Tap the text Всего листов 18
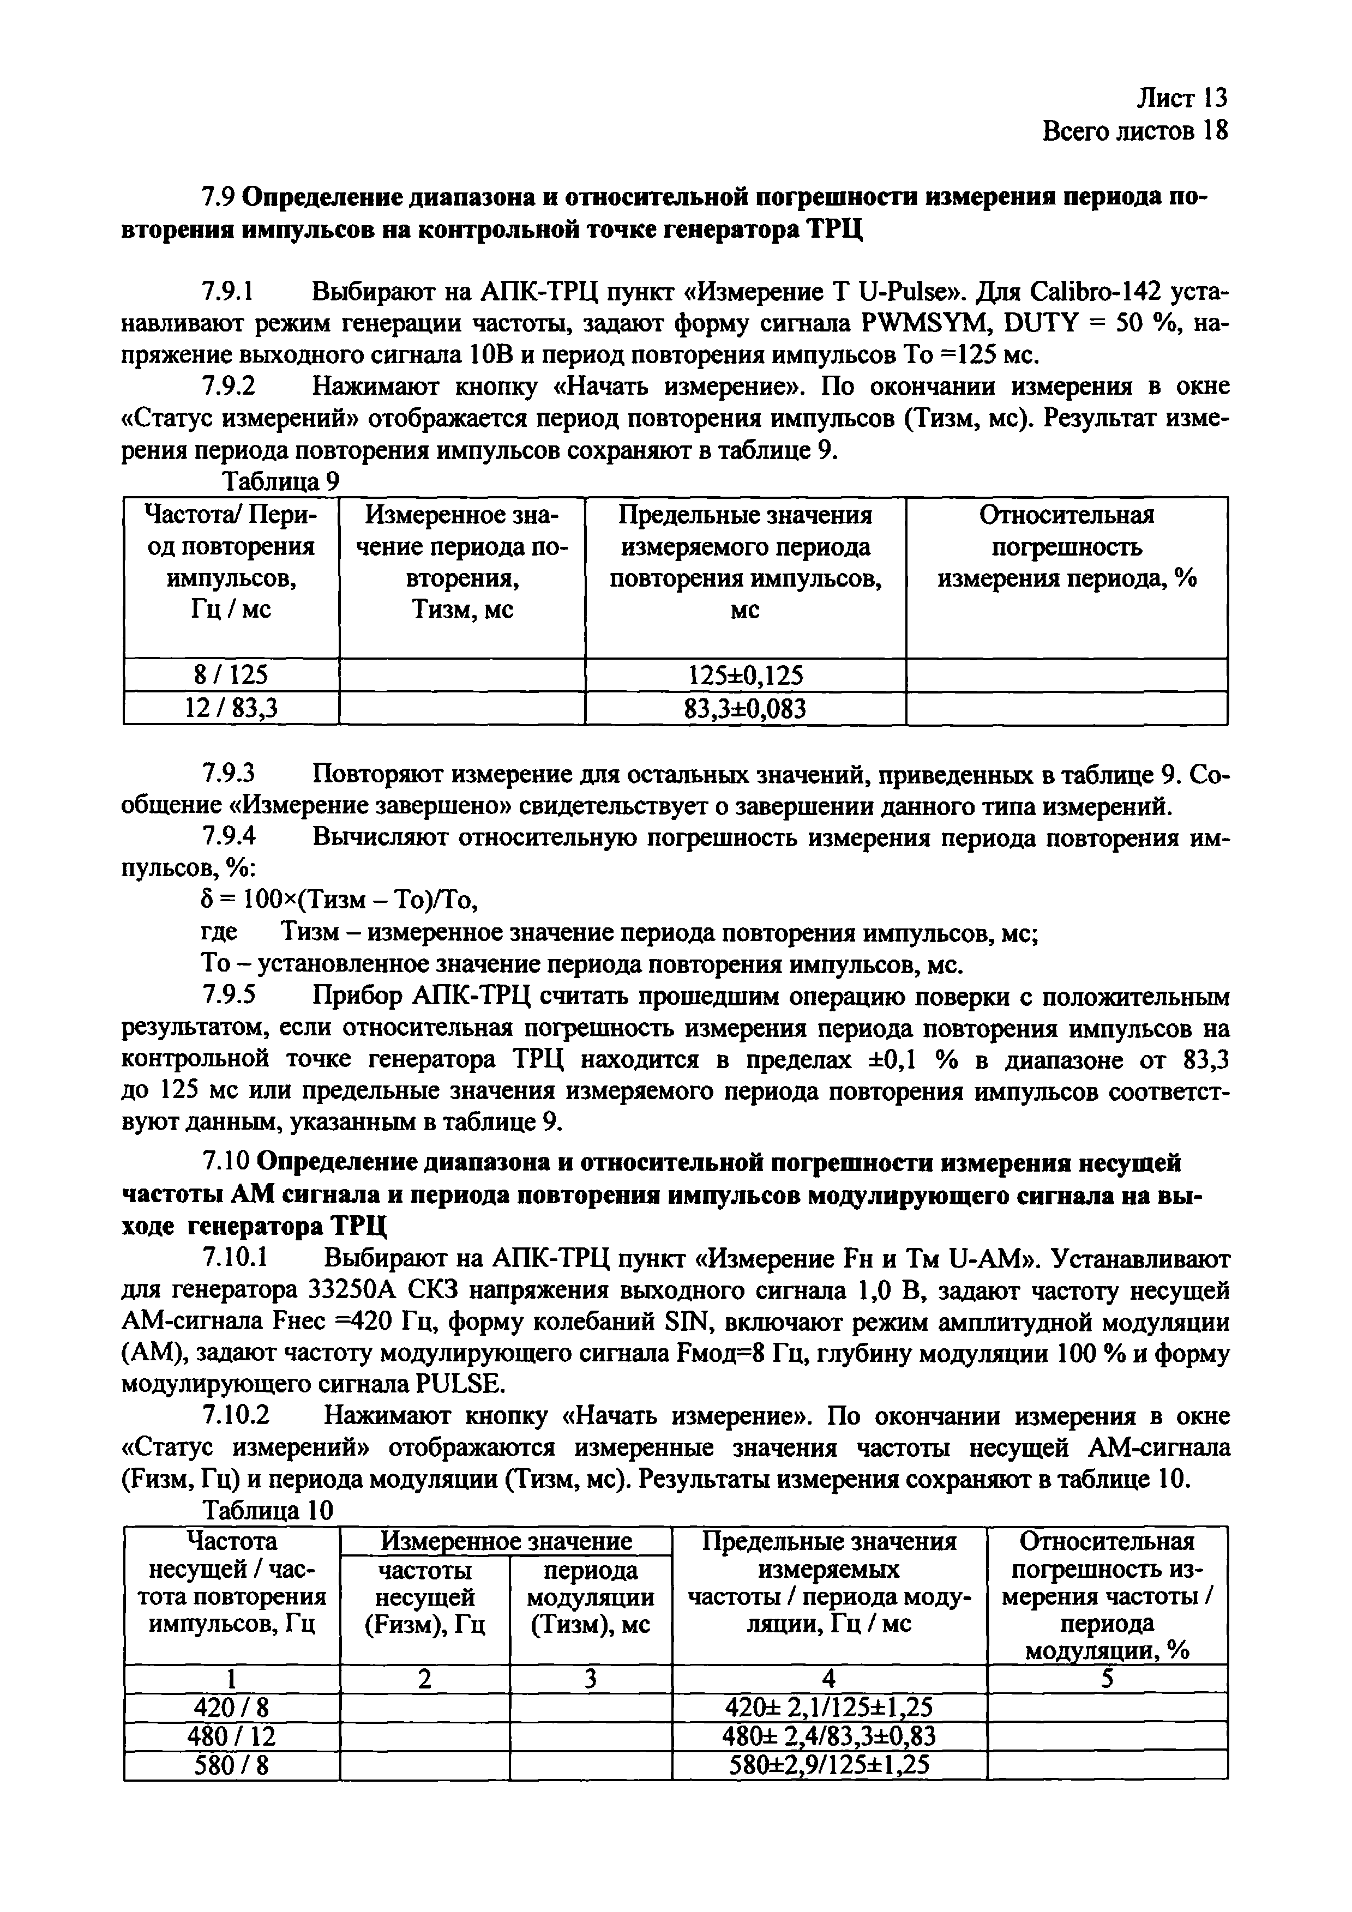(x=1134, y=131)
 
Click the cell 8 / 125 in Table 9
(x=231, y=674)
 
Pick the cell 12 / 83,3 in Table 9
(x=231, y=708)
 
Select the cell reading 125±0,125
(x=745, y=674)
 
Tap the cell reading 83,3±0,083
(x=745, y=708)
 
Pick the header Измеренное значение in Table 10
(x=506, y=1541)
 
